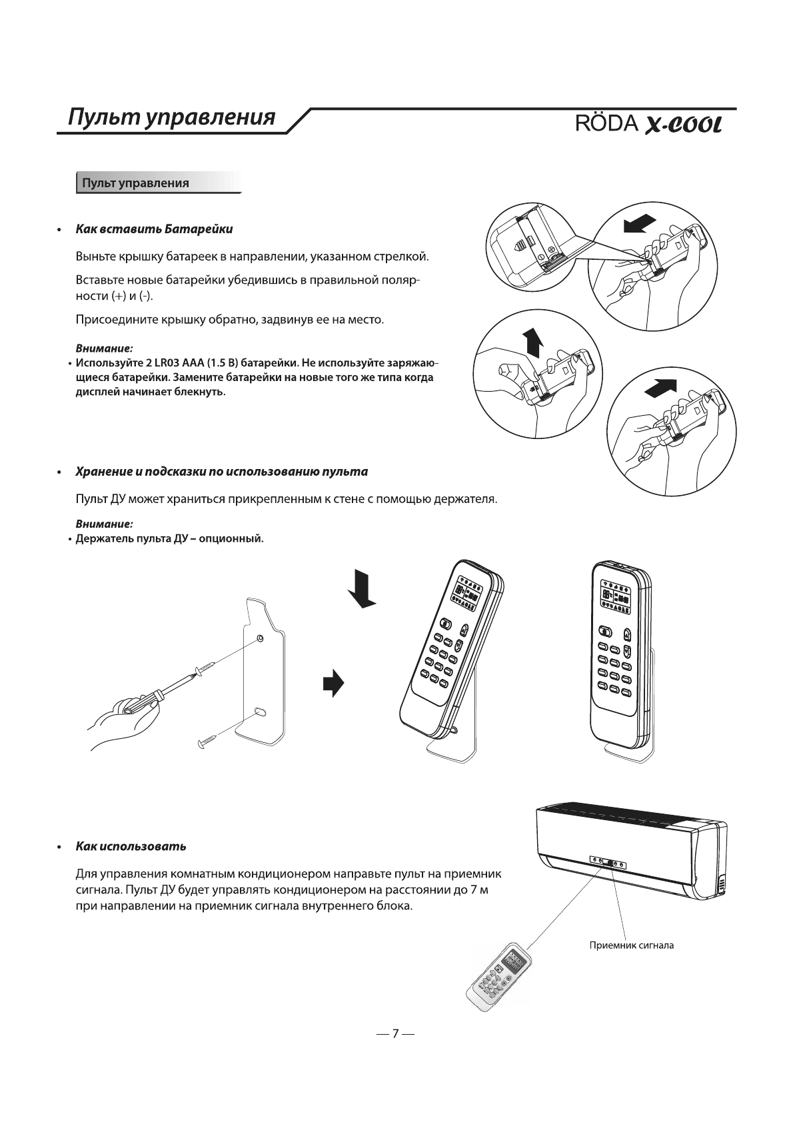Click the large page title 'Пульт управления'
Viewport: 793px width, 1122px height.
172,117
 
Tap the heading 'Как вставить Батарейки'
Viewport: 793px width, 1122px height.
154,229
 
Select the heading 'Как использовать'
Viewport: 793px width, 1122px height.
131,846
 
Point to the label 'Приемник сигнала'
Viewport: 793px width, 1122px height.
632,945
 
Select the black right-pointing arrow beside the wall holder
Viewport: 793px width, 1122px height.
333,683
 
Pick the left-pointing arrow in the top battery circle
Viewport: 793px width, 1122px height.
640,225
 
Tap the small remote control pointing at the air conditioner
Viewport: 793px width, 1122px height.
498,973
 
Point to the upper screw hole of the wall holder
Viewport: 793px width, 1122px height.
260,638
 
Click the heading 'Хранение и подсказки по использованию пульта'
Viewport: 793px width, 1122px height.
221,472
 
